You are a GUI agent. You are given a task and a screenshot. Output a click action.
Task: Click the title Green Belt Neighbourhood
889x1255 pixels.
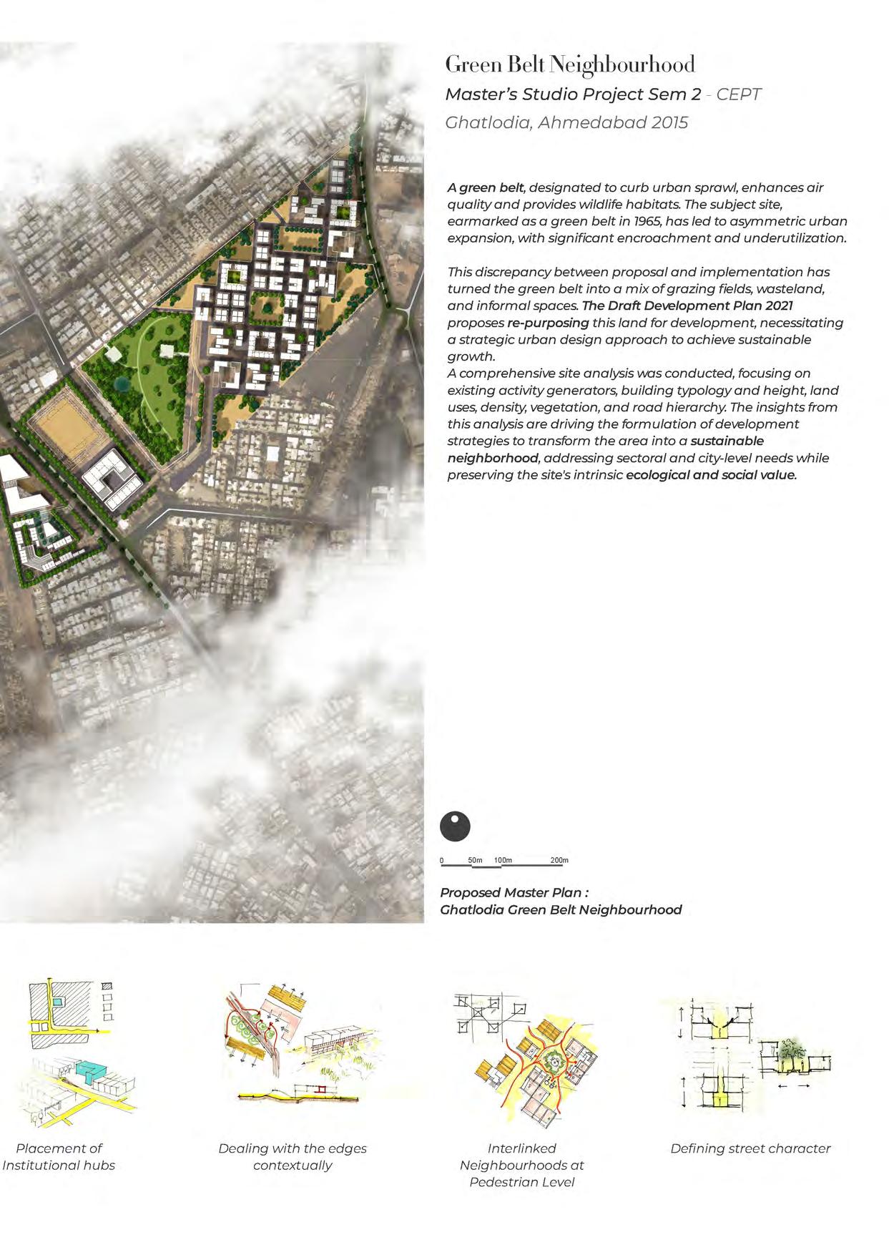pos(569,65)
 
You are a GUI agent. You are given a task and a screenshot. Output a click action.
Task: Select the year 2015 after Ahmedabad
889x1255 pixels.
pos(670,122)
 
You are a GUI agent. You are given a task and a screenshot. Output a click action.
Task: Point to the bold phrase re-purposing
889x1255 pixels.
pos(548,323)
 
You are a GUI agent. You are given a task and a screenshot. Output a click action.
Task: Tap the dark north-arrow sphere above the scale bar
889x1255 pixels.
pos(455,826)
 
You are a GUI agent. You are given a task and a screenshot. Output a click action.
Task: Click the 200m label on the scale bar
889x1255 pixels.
pos(559,860)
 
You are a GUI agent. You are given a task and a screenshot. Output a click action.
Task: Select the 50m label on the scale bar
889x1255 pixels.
pos(476,860)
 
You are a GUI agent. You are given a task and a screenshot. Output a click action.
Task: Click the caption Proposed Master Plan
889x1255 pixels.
pos(515,893)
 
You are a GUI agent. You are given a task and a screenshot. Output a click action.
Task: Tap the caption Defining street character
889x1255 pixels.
pos(750,1148)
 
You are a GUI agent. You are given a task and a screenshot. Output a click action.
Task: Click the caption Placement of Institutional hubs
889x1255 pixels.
pos(59,1156)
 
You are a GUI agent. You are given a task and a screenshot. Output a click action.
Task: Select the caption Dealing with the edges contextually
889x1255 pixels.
pos(292,1156)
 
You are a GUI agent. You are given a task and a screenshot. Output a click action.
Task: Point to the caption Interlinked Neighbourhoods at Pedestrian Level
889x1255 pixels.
pos(522,1165)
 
